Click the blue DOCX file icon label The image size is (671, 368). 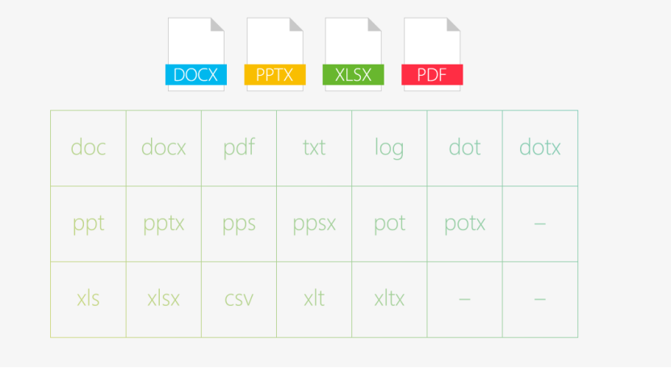click(x=196, y=75)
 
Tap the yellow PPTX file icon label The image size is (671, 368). click(x=275, y=75)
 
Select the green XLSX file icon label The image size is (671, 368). click(x=353, y=75)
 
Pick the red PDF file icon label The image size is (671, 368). click(x=432, y=75)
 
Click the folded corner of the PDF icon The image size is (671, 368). click(x=453, y=25)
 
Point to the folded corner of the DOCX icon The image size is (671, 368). click(x=216, y=25)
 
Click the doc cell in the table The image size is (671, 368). click(x=88, y=148)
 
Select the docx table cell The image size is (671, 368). click(x=163, y=148)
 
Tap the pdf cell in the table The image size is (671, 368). click(x=239, y=148)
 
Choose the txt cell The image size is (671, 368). click(x=314, y=148)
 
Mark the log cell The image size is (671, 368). click(x=389, y=148)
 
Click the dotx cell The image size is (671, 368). click(x=540, y=148)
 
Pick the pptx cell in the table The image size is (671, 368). click(x=163, y=224)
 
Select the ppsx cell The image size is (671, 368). click(x=314, y=224)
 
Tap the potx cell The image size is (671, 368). click(x=465, y=224)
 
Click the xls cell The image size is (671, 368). click(x=88, y=299)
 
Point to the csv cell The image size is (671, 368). click(x=239, y=299)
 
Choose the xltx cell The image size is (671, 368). click(x=389, y=299)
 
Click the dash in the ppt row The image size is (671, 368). click(x=540, y=224)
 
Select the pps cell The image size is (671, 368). click(x=239, y=224)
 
